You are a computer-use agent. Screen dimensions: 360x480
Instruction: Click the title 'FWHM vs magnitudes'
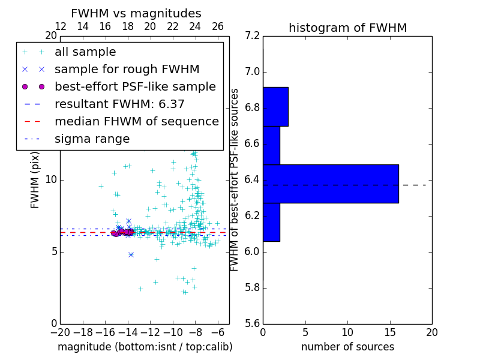[136, 13]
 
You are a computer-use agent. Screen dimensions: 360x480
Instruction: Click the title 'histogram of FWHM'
[347, 28]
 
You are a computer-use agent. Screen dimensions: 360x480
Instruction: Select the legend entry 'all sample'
[85, 52]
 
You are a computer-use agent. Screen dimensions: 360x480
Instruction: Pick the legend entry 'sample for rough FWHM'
[127, 70]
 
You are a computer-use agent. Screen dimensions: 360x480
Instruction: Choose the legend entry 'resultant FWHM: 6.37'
[119, 104]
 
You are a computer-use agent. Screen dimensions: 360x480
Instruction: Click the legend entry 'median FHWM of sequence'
[136, 121]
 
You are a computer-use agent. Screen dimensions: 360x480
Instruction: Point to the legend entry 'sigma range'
[92, 139]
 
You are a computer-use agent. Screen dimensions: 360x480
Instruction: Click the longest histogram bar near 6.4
[331, 184]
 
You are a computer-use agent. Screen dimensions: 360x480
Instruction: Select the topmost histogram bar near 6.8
[275, 106]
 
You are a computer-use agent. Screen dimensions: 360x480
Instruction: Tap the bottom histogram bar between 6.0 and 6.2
[271, 222]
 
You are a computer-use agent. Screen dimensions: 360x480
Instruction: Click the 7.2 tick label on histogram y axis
[252, 36]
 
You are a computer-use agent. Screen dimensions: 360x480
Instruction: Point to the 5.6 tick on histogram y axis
[252, 323]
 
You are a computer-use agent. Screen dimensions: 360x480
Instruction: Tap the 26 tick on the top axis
[218, 26]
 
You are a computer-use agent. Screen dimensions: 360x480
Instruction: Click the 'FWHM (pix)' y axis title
[35, 179]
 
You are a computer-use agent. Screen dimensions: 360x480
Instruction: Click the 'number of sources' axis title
[347, 347]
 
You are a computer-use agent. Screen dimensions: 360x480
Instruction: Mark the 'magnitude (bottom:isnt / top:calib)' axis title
[145, 347]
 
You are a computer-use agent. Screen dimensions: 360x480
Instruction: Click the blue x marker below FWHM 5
[131, 254]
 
